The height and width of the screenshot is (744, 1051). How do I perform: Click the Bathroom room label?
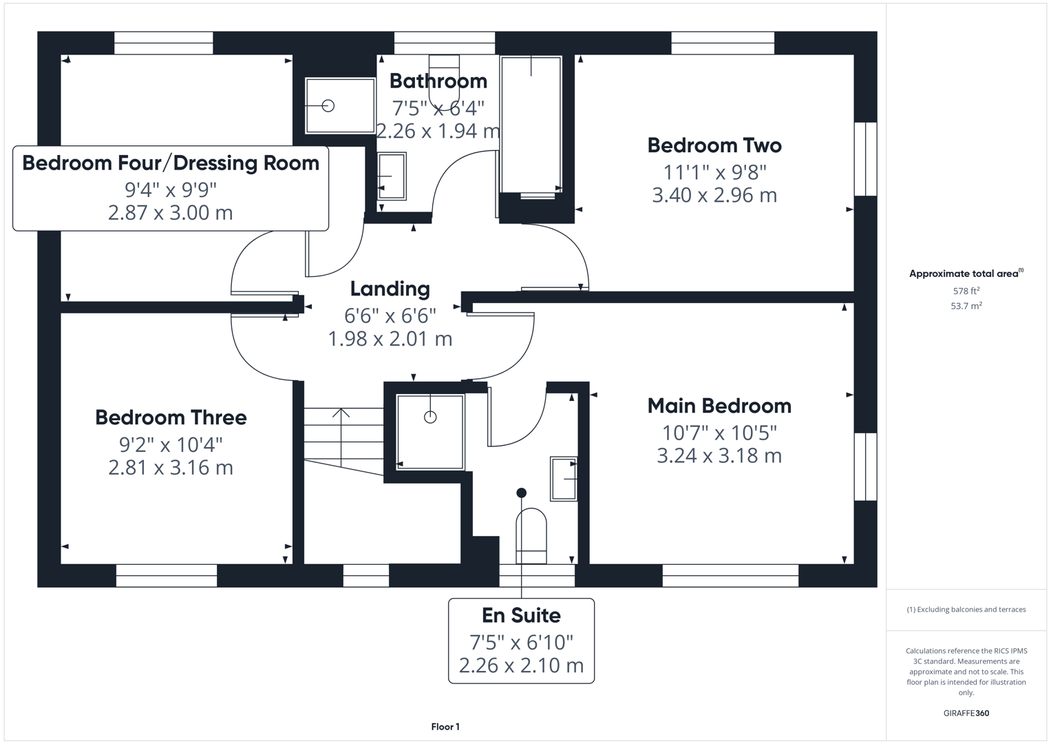pos(438,81)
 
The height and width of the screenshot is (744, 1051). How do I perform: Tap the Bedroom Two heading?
pos(714,145)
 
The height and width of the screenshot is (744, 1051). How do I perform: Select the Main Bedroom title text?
pos(719,406)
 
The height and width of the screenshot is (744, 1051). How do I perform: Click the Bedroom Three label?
pos(171,417)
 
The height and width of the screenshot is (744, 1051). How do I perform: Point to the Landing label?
pos(390,289)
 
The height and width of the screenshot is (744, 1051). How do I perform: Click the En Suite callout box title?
pos(521,615)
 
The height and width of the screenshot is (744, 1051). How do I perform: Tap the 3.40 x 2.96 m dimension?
pos(714,195)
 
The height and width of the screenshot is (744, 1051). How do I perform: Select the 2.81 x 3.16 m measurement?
pos(171,468)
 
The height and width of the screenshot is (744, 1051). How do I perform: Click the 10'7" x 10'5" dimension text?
pos(719,433)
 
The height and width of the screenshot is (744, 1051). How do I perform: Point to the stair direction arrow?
pos(341,414)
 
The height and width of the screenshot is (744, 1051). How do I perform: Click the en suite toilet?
pos(531,536)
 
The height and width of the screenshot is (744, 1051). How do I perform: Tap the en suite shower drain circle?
pos(430,417)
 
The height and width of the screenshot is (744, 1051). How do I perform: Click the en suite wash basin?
pos(564,478)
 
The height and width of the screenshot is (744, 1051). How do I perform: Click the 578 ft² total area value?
pos(966,291)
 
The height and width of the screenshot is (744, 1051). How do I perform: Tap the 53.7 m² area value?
pos(966,306)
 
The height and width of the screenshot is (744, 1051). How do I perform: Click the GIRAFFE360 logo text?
pos(966,713)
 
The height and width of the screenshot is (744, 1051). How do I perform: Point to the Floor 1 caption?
pos(445,727)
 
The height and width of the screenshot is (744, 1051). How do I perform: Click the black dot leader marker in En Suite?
pos(521,493)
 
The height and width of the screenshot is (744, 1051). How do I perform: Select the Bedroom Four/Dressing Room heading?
pos(171,163)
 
